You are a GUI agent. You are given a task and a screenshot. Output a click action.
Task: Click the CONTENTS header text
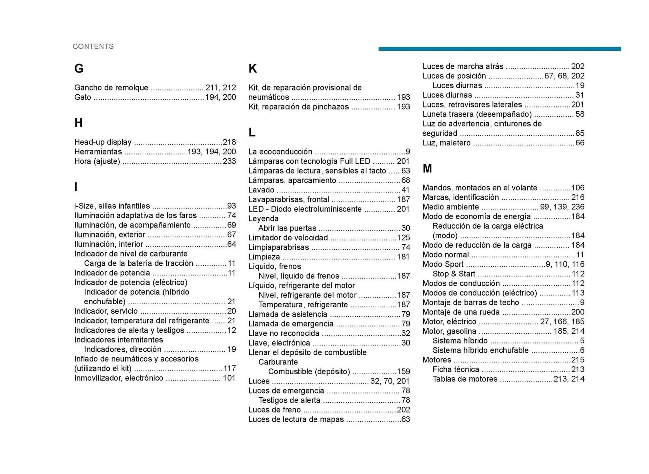pos(93,46)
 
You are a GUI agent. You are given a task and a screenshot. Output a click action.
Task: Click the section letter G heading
pos(79,69)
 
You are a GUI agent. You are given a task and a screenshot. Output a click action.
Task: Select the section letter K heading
pos(253,69)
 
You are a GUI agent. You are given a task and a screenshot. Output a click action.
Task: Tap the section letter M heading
pos(427,168)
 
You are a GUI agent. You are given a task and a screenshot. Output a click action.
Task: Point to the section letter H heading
pos(78,123)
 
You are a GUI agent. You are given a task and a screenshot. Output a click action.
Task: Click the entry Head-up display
pos(103,142)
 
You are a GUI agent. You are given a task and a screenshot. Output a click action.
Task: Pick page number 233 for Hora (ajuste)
pos(229,161)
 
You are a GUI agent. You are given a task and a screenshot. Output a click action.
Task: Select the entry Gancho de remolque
pos(111,88)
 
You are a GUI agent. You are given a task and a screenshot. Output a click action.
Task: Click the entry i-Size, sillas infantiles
pos(112,206)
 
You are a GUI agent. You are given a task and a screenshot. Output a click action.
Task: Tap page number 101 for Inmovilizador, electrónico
pos(229,378)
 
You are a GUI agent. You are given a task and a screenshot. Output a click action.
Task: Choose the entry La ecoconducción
pos(280,151)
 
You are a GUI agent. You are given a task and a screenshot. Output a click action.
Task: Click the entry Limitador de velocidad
pos(288,238)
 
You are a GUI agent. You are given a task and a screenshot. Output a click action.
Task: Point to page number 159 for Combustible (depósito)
pos(403,372)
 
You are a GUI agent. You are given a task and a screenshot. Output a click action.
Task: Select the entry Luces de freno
pos(274,410)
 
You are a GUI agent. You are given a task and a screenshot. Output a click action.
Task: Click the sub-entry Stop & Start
pos(454,274)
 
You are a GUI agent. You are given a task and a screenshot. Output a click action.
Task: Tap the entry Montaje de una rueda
pos(461,312)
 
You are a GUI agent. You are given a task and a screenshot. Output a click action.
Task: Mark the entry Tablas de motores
pos(465,379)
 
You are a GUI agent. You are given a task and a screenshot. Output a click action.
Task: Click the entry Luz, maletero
pos(446,143)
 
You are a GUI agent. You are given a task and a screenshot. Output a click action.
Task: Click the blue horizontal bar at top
pos(499,49)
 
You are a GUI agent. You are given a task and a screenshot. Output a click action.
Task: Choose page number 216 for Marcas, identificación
pos(578,197)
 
